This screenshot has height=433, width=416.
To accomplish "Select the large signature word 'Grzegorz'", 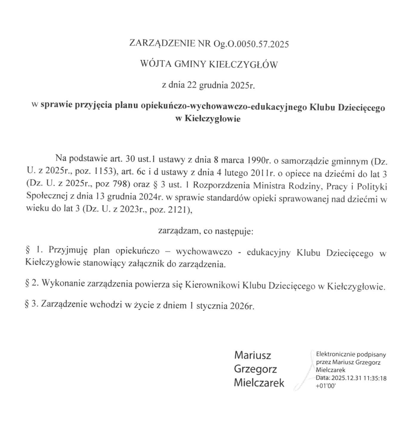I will click(x=256, y=369).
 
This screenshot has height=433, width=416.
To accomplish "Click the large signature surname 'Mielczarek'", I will click(x=259, y=384).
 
